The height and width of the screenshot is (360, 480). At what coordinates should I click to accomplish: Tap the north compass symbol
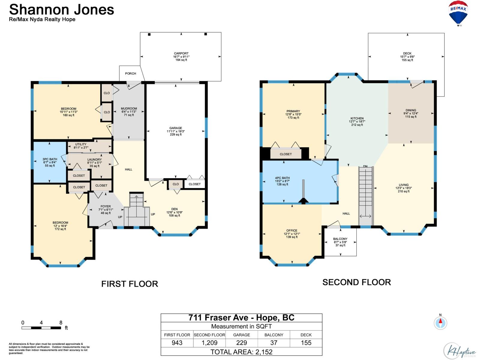coord(440,323)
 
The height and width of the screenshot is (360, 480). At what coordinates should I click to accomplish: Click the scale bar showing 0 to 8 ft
coord(41,328)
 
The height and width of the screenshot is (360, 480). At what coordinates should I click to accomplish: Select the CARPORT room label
coord(181,53)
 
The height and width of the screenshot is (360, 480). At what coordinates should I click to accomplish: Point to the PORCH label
coord(130,73)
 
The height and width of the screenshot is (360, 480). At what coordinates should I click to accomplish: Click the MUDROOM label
coord(129,108)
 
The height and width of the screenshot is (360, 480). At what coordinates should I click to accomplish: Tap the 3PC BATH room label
coord(50,159)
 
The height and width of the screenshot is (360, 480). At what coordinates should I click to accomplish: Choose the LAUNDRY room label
coord(94,160)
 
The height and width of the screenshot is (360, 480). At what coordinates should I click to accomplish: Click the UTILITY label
coord(81,144)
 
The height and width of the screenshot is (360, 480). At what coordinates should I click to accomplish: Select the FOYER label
coord(106,206)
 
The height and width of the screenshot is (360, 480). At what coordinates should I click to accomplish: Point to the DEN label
coord(174,209)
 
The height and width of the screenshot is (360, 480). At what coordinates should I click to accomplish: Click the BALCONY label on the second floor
coord(340,239)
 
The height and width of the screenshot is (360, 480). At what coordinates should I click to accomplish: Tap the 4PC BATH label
coord(282,178)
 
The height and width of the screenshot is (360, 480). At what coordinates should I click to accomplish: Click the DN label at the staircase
coord(365,166)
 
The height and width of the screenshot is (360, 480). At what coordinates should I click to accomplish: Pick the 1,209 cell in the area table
coord(209,343)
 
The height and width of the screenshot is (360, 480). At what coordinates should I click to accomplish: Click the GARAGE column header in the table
coord(241,335)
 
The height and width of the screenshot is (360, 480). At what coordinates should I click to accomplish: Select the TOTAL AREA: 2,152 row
coord(241,352)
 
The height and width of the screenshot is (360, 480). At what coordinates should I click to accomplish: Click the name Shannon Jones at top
coord(61,10)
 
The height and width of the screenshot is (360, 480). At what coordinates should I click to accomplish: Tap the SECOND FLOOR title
coord(357,282)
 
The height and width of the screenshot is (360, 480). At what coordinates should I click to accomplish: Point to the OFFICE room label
coord(292,230)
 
